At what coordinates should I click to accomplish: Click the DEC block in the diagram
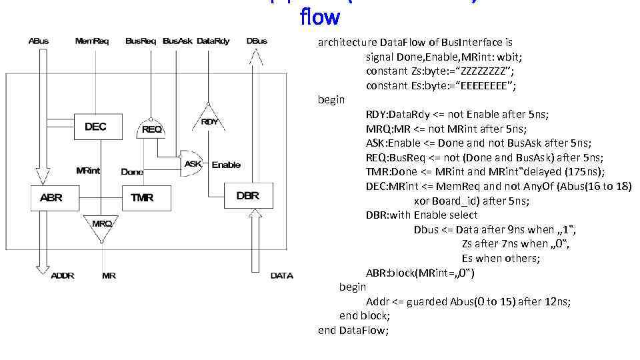[x=95, y=127]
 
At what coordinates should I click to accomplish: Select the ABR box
[x=51, y=198]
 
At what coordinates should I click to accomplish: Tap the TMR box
[x=143, y=198]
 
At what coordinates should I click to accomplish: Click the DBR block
[x=247, y=196]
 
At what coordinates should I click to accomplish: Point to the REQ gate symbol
[x=151, y=129]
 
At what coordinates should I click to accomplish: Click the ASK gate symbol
[x=193, y=164]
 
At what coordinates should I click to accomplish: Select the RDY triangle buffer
[x=210, y=120]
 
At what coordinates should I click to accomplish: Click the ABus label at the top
[x=39, y=41]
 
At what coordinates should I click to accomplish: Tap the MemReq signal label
[x=92, y=41]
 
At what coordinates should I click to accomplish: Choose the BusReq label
[x=141, y=41]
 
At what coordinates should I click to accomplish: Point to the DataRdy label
[x=213, y=41]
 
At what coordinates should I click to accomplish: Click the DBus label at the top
[x=257, y=41]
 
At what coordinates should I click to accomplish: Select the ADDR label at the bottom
[x=63, y=275]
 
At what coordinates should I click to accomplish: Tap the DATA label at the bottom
[x=281, y=275]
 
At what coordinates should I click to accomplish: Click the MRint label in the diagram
[x=88, y=171]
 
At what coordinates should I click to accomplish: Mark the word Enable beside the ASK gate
[x=226, y=165]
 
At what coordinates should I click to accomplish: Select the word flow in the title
[x=320, y=16]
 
